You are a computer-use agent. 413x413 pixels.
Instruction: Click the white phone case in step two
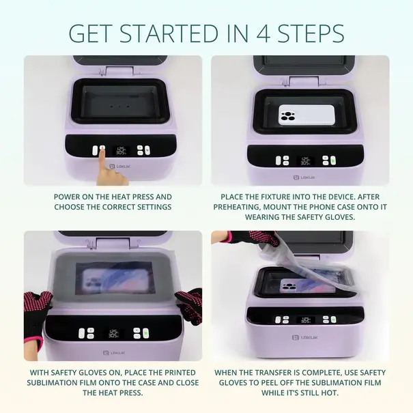(x=307, y=115)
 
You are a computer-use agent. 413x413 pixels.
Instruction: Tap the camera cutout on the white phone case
(x=288, y=116)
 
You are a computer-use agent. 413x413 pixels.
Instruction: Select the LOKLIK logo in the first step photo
(x=119, y=167)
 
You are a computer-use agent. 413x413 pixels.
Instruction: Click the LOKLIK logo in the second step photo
(x=304, y=177)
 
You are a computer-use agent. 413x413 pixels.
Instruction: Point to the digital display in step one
(x=120, y=151)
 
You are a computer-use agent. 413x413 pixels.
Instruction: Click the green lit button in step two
(x=333, y=160)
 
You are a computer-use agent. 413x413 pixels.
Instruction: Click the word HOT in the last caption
(x=330, y=393)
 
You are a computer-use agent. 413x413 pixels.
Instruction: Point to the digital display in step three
(x=113, y=334)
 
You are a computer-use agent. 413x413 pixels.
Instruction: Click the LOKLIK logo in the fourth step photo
(x=304, y=337)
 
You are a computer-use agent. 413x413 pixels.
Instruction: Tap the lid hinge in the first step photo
(x=119, y=71)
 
